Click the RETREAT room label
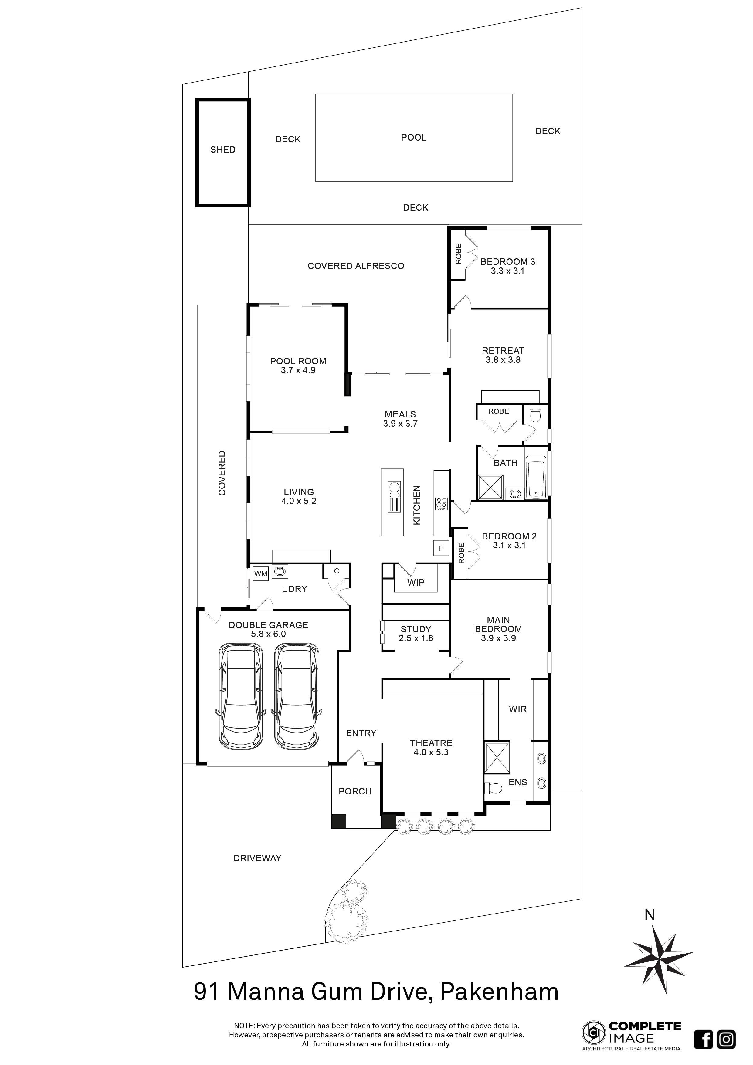(x=503, y=351)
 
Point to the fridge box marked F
(x=440, y=548)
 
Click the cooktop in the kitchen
(x=441, y=503)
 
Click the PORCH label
(x=355, y=792)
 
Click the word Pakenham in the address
(x=499, y=992)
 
